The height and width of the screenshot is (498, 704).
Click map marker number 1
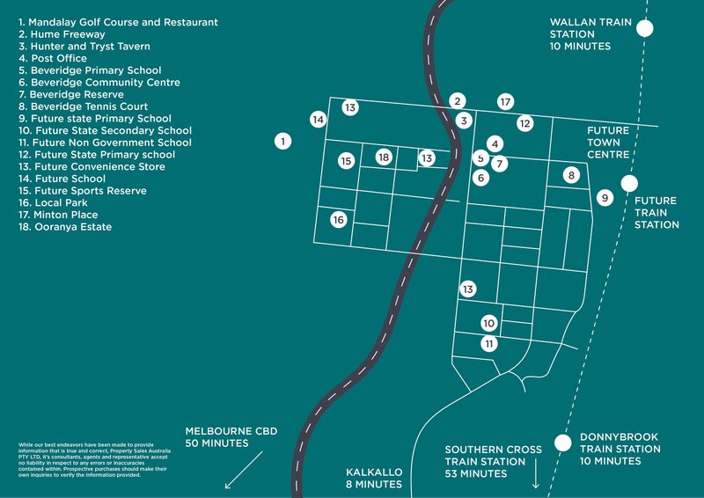pyautogui.click(x=282, y=140)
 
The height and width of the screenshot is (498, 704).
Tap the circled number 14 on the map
pyautogui.click(x=319, y=119)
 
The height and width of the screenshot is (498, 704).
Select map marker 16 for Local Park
pyautogui.click(x=339, y=220)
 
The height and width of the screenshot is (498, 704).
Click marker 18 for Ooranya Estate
pyautogui.click(x=383, y=157)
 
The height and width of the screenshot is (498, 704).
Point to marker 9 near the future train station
pyautogui.click(x=605, y=198)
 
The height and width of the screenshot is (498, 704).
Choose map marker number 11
pyautogui.click(x=489, y=344)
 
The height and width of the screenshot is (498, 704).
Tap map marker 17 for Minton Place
pyautogui.click(x=505, y=102)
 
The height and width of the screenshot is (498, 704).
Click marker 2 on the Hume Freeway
pyautogui.click(x=458, y=101)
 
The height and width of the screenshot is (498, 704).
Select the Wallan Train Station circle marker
pyautogui.click(x=645, y=28)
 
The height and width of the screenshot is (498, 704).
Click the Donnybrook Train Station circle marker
pyautogui.click(x=561, y=442)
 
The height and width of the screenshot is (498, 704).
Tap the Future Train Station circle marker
pyautogui.click(x=629, y=183)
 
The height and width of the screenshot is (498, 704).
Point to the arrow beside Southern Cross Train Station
pyautogui.click(x=534, y=480)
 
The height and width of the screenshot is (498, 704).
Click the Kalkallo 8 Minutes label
pyautogui.click(x=374, y=479)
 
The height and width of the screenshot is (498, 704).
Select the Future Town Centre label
pyautogui.click(x=609, y=142)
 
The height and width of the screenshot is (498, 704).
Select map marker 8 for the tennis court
pyautogui.click(x=571, y=175)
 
